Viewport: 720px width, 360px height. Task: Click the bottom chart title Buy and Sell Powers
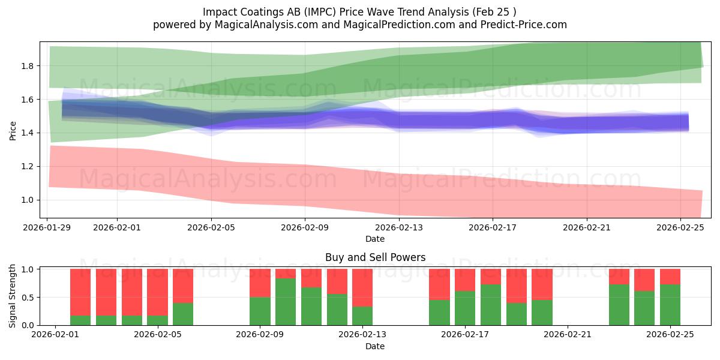tap(375, 257)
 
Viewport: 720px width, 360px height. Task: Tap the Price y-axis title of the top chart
tap(13, 130)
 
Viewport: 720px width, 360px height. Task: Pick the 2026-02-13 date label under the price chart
tap(398, 227)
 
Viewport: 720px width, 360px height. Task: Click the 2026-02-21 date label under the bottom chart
tap(567, 335)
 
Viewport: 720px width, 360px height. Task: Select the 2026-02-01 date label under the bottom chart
tap(55, 335)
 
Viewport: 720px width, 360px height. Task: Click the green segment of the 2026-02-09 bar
tap(260, 311)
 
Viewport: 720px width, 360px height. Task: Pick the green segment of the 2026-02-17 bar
tap(465, 308)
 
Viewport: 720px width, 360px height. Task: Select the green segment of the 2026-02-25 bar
tap(670, 305)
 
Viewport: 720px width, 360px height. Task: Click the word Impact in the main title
tap(218, 12)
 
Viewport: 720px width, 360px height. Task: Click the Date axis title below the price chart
tap(375, 239)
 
